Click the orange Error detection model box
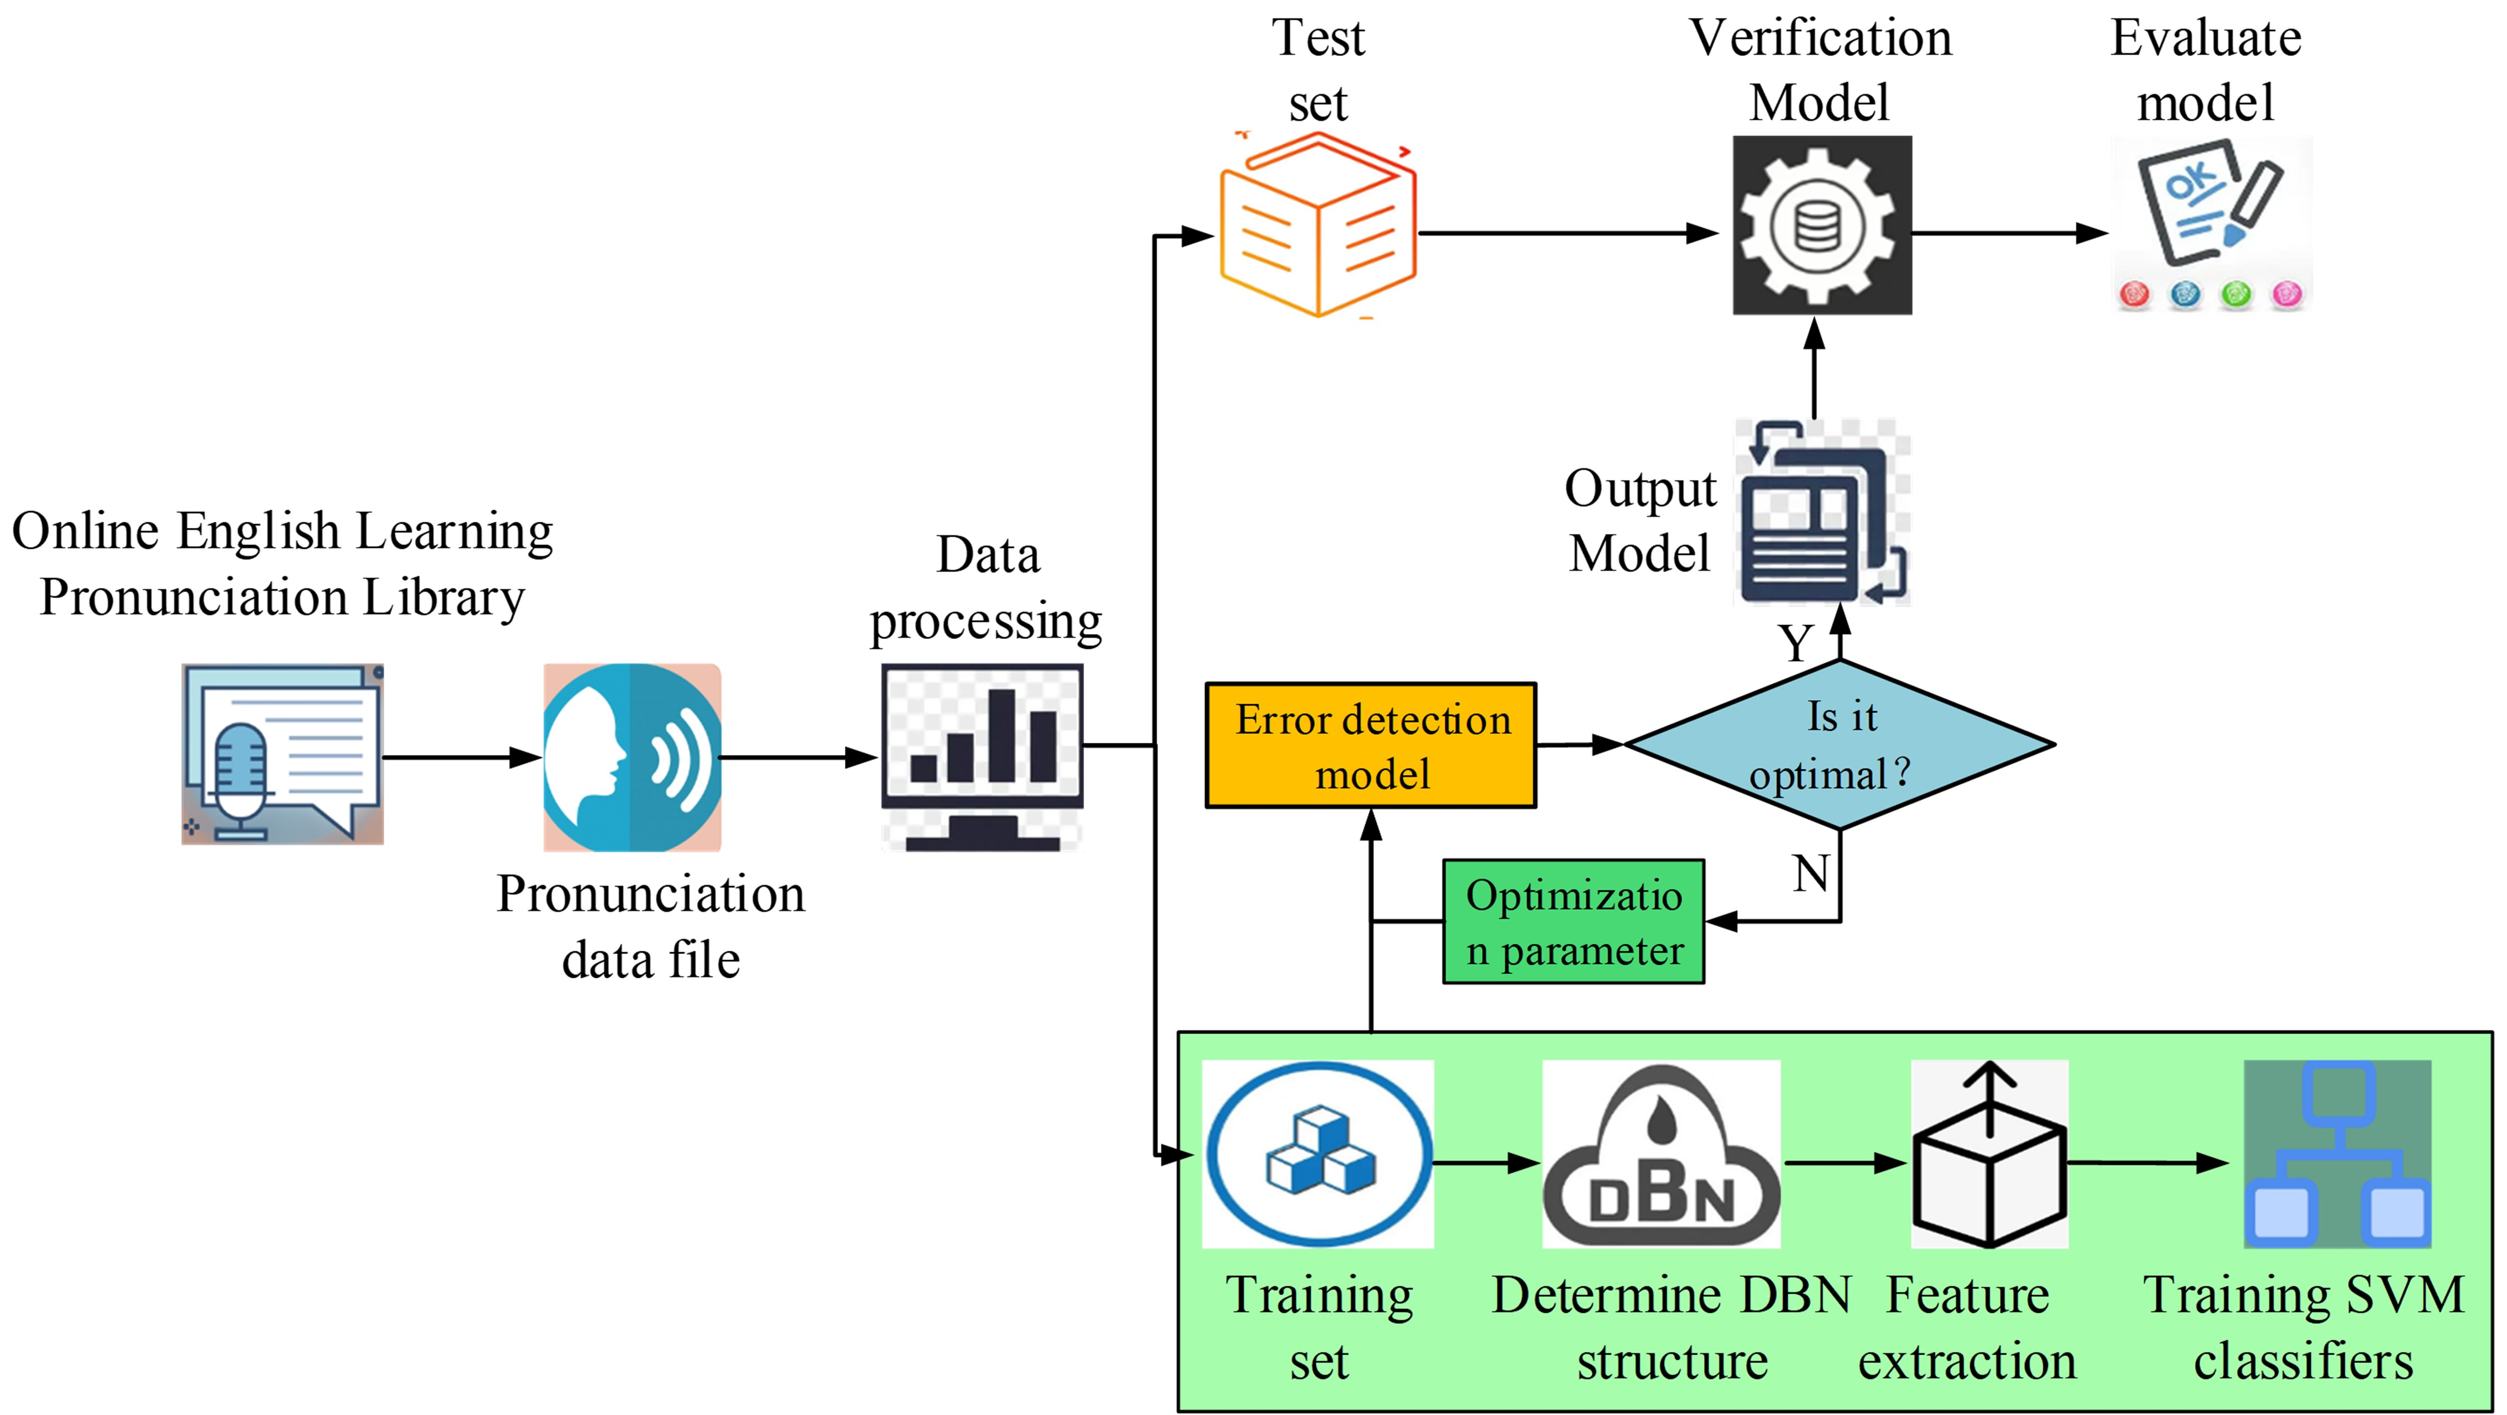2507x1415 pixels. point(1370,746)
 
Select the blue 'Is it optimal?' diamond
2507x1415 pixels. point(1840,745)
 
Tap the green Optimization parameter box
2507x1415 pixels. point(1573,921)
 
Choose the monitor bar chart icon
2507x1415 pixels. point(982,756)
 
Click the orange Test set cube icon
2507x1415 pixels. point(1318,226)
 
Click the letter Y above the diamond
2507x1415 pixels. point(1795,642)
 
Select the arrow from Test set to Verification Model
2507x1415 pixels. point(1567,234)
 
